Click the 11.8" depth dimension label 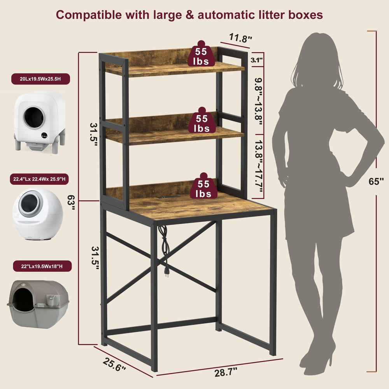click(240, 38)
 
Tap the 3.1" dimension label click(256, 60)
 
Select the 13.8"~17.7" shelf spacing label click(259, 166)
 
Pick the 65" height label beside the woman click(376, 181)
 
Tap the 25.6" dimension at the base click(114, 364)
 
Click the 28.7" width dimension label click(226, 372)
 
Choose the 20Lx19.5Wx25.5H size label click(40, 79)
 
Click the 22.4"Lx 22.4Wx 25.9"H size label click(39, 179)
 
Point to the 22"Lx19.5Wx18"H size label click(42, 266)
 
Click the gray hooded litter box click(38, 304)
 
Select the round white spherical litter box click(37, 214)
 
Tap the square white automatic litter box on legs click(40, 121)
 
